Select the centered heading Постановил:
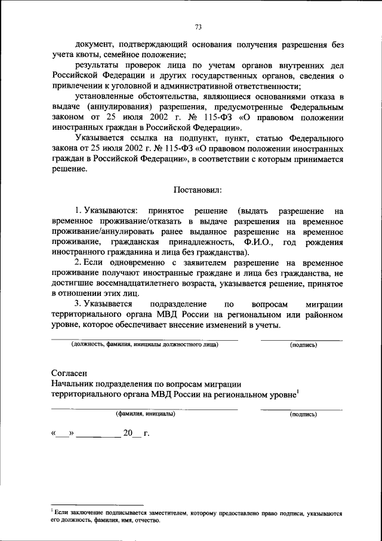point(198,191)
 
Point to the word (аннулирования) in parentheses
point(113,107)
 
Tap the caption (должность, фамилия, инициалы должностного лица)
point(144,345)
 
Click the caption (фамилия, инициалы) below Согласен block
point(145,414)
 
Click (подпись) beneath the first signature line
point(303,345)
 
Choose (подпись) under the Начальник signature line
point(303,414)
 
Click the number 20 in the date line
point(128,433)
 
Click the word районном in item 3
point(325,315)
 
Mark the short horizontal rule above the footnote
point(97,505)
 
